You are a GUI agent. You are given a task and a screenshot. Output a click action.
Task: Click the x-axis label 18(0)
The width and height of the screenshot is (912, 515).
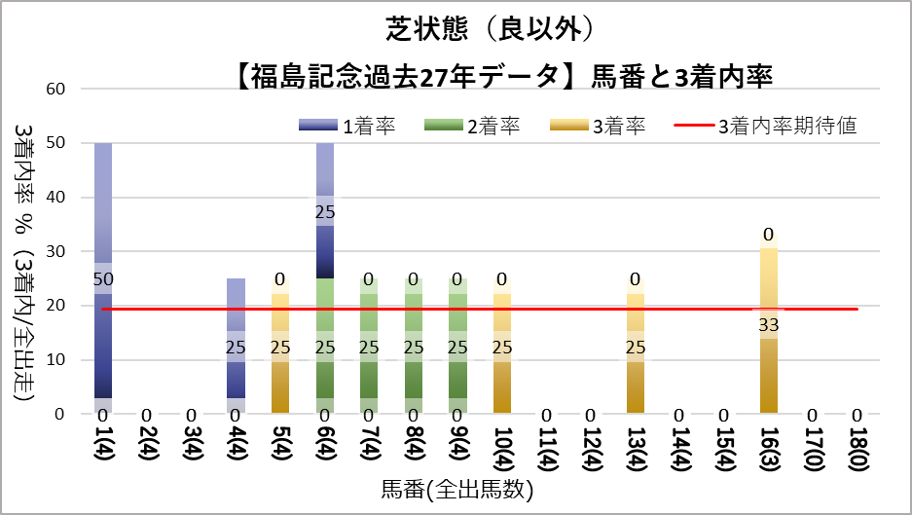point(857,451)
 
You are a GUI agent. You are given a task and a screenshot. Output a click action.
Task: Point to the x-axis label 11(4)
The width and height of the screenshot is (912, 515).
point(546,451)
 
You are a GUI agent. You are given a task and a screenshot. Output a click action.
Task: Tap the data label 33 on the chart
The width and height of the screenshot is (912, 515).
point(769,324)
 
